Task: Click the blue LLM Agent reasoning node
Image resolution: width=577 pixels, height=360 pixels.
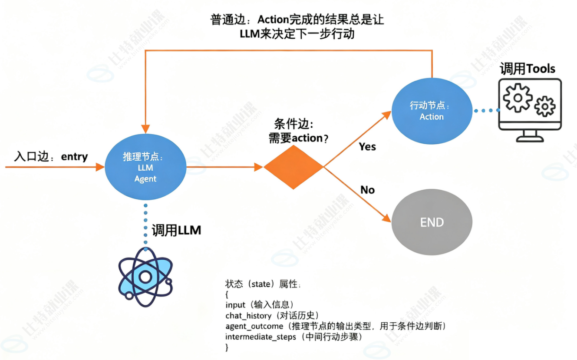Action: click(145, 167)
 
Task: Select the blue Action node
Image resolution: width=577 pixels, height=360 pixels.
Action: click(432, 111)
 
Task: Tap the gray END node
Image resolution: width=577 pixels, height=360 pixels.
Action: click(432, 222)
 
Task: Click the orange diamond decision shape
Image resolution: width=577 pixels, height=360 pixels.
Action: click(293, 167)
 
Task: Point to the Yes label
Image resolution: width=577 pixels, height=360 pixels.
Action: click(367, 147)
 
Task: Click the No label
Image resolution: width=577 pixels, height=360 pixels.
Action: click(368, 190)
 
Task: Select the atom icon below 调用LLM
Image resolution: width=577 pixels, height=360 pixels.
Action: click(145, 277)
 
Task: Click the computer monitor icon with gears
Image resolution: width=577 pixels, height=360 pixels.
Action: click(530, 110)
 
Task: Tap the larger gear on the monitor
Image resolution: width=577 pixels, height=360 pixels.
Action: click(518, 98)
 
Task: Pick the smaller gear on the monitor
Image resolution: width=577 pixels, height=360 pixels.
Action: click(545, 106)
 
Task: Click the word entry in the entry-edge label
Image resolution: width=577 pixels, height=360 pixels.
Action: click(74, 157)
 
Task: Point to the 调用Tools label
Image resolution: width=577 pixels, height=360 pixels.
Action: click(528, 69)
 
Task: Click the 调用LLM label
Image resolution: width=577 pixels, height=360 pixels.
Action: click(176, 230)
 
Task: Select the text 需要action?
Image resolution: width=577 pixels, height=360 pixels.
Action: click(299, 138)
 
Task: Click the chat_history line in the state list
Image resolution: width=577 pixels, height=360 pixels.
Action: click(272, 315)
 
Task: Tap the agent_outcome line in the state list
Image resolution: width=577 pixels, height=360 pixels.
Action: click(336, 326)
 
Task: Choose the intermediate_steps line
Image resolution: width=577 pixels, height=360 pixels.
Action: click(294, 337)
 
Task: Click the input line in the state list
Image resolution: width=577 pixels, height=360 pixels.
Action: click(260, 304)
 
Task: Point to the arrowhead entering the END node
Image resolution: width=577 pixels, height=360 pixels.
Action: click(386, 218)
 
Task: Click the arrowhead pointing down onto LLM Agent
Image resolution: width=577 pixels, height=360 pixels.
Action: click(145, 129)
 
